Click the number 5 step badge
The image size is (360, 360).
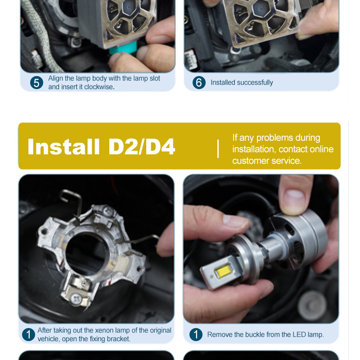[x=36, y=83]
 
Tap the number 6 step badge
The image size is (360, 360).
[x=199, y=83]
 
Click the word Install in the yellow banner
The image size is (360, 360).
[x=63, y=147]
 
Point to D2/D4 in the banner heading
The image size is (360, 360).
[x=142, y=147]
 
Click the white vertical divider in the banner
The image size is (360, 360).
[x=218, y=148]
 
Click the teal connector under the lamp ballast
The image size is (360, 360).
[x=122, y=49]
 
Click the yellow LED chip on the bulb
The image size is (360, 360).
[x=223, y=271]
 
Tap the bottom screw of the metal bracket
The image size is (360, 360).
[x=76, y=299]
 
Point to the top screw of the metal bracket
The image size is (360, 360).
[x=108, y=210]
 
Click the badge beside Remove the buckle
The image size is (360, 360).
[x=196, y=334]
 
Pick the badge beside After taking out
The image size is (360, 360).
[x=28, y=334]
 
